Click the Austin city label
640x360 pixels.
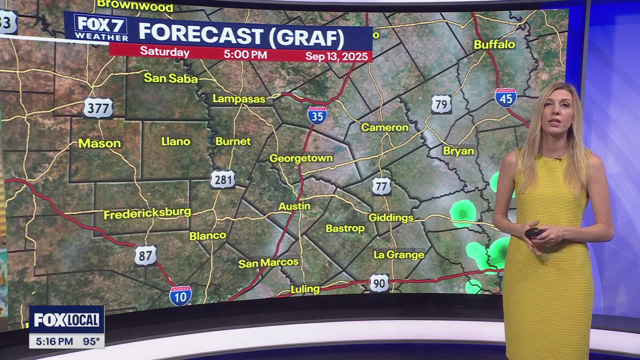click(294, 206)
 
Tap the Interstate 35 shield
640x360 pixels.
click(317, 115)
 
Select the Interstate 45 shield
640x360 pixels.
click(505, 98)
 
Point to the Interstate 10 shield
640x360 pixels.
click(180, 295)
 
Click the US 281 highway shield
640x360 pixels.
click(222, 179)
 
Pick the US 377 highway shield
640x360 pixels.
click(98, 107)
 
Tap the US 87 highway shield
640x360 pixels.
click(145, 255)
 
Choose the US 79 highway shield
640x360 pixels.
click(441, 104)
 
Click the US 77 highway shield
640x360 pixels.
click(381, 186)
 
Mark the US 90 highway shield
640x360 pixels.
click(379, 283)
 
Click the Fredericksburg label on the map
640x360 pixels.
click(147, 213)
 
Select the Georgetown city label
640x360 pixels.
click(301, 158)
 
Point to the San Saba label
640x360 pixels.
click(170, 78)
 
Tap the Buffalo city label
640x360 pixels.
click(494, 44)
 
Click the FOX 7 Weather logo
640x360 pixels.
click(100, 28)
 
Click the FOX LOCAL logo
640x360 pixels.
click(66, 320)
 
